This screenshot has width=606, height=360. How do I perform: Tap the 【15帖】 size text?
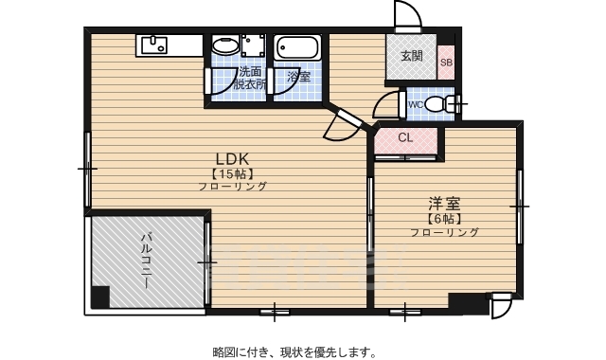(x=231, y=173)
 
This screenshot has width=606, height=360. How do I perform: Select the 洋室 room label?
(x=444, y=203)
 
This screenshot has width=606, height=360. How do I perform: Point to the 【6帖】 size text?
(x=444, y=219)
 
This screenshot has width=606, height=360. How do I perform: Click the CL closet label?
(x=405, y=138)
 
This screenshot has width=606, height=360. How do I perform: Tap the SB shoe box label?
(x=446, y=63)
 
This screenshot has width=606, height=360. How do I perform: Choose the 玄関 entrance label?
(x=411, y=56)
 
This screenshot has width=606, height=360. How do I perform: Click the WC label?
(x=416, y=104)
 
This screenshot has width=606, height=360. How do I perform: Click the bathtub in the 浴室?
(x=299, y=46)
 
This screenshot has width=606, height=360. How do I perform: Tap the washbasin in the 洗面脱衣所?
(x=224, y=45)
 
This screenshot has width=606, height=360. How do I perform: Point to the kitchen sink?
(x=153, y=44)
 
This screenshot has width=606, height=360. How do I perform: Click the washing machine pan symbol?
(x=253, y=46)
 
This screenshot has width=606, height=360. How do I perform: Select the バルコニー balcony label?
(x=148, y=256)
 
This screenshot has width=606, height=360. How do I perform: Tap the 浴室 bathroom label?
(x=299, y=76)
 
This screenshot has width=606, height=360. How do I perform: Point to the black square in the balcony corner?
(x=100, y=296)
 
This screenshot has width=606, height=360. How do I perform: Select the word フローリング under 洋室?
(x=444, y=232)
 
